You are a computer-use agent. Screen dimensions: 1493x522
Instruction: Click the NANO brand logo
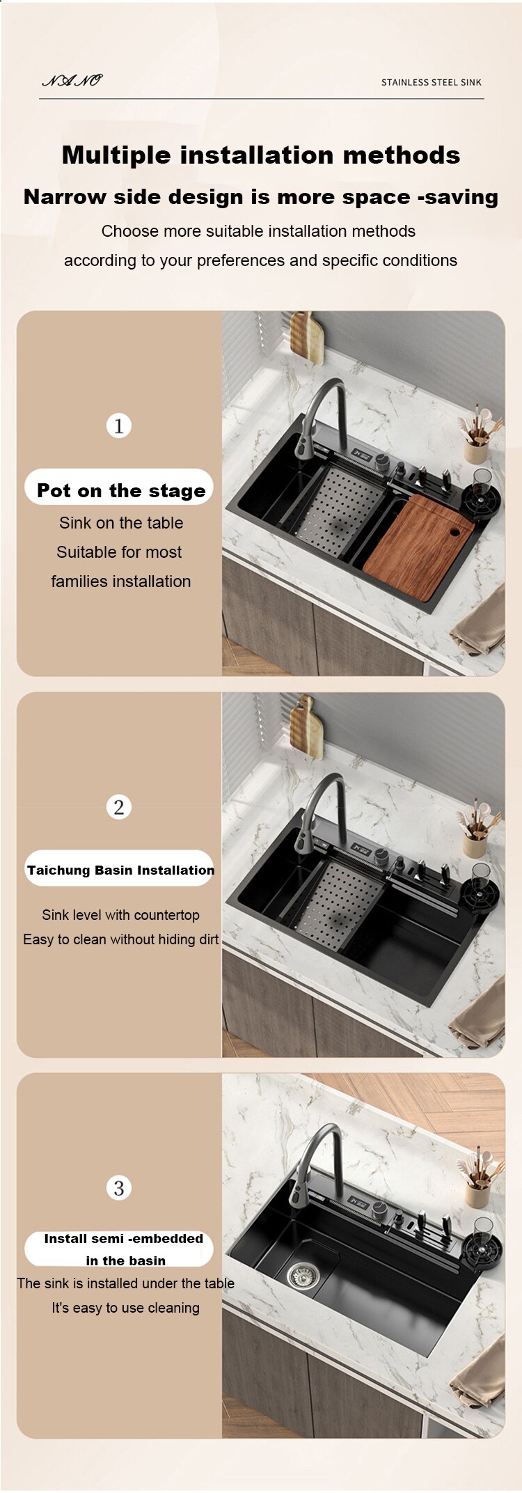click(x=72, y=81)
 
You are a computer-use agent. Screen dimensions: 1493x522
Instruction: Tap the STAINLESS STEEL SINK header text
click(x=431, y=82)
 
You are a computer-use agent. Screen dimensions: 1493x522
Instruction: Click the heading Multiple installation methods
click(x=261, y=155)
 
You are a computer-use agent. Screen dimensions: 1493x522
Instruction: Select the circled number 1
click(x=119, y=425)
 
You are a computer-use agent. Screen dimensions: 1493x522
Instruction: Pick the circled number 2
click(x=119, y=807)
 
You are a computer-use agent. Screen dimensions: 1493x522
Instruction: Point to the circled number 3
click(x=119, y=1188)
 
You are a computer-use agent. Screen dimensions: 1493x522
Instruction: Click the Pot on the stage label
click(x=121, y=490)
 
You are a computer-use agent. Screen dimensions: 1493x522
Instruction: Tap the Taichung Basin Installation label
click(x=120, y=870)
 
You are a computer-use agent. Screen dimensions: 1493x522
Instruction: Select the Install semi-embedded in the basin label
click(x=123, y=1249)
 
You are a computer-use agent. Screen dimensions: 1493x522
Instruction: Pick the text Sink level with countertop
click(x=120, y=914)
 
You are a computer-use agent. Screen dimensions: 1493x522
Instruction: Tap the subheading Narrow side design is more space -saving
click(x=261, y=197)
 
